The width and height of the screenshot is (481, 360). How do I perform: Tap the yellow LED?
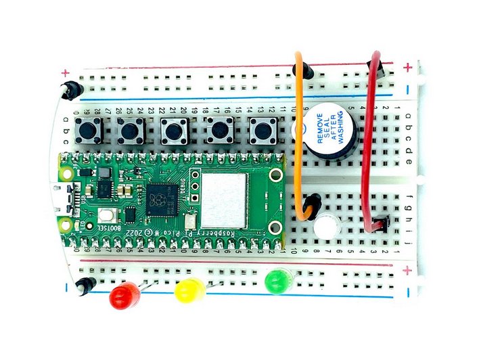click(189, 290)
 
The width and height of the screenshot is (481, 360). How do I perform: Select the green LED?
click(278, 279)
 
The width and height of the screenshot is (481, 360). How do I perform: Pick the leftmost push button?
click(88, 129)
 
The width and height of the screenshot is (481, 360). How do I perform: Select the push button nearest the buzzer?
click(264, 129)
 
